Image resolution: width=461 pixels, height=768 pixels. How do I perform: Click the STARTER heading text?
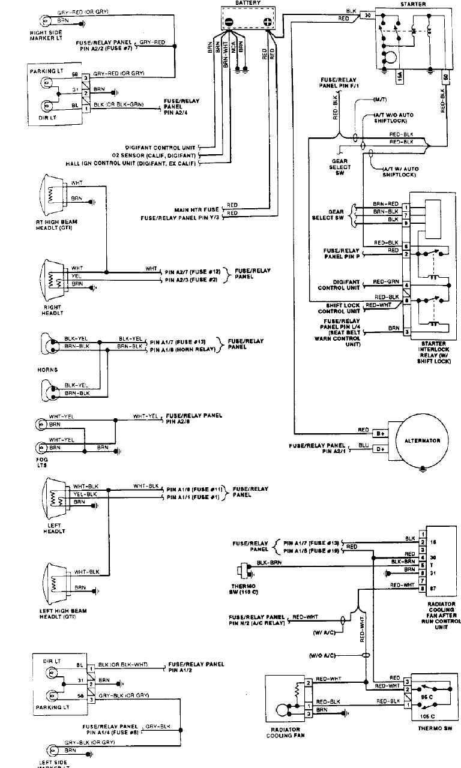[412, 4]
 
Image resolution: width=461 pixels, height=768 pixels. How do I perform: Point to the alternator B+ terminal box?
[380, 433]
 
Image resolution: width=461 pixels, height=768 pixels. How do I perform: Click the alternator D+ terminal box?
[380, 448]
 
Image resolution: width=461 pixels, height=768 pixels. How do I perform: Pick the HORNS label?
[48, 370]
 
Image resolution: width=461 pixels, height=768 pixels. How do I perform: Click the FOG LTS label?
[42, 463]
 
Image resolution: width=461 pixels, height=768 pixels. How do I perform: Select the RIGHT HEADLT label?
[52, 311]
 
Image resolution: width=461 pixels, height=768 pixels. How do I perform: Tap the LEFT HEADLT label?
[53, 529]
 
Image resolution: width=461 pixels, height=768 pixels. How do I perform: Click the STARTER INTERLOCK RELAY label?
[433, 355]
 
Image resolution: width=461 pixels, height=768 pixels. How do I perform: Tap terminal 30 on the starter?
[367, 16]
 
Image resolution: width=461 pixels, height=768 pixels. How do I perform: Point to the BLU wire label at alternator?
[363, 445]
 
